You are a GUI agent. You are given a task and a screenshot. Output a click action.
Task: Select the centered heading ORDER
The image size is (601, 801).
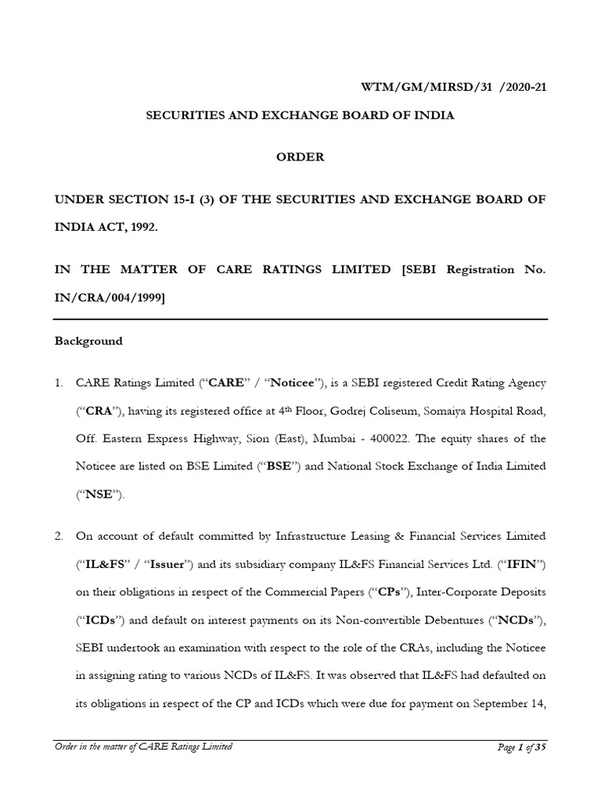coord(300,156)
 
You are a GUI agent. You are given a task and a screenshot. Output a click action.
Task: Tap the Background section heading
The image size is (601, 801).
coord(88,341)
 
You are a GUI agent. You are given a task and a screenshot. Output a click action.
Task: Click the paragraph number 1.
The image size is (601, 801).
coord(58,383)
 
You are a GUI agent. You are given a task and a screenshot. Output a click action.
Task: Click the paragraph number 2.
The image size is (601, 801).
coord(58,536)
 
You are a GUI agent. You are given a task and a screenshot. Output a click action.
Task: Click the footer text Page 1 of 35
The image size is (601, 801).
coord(521,747)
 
